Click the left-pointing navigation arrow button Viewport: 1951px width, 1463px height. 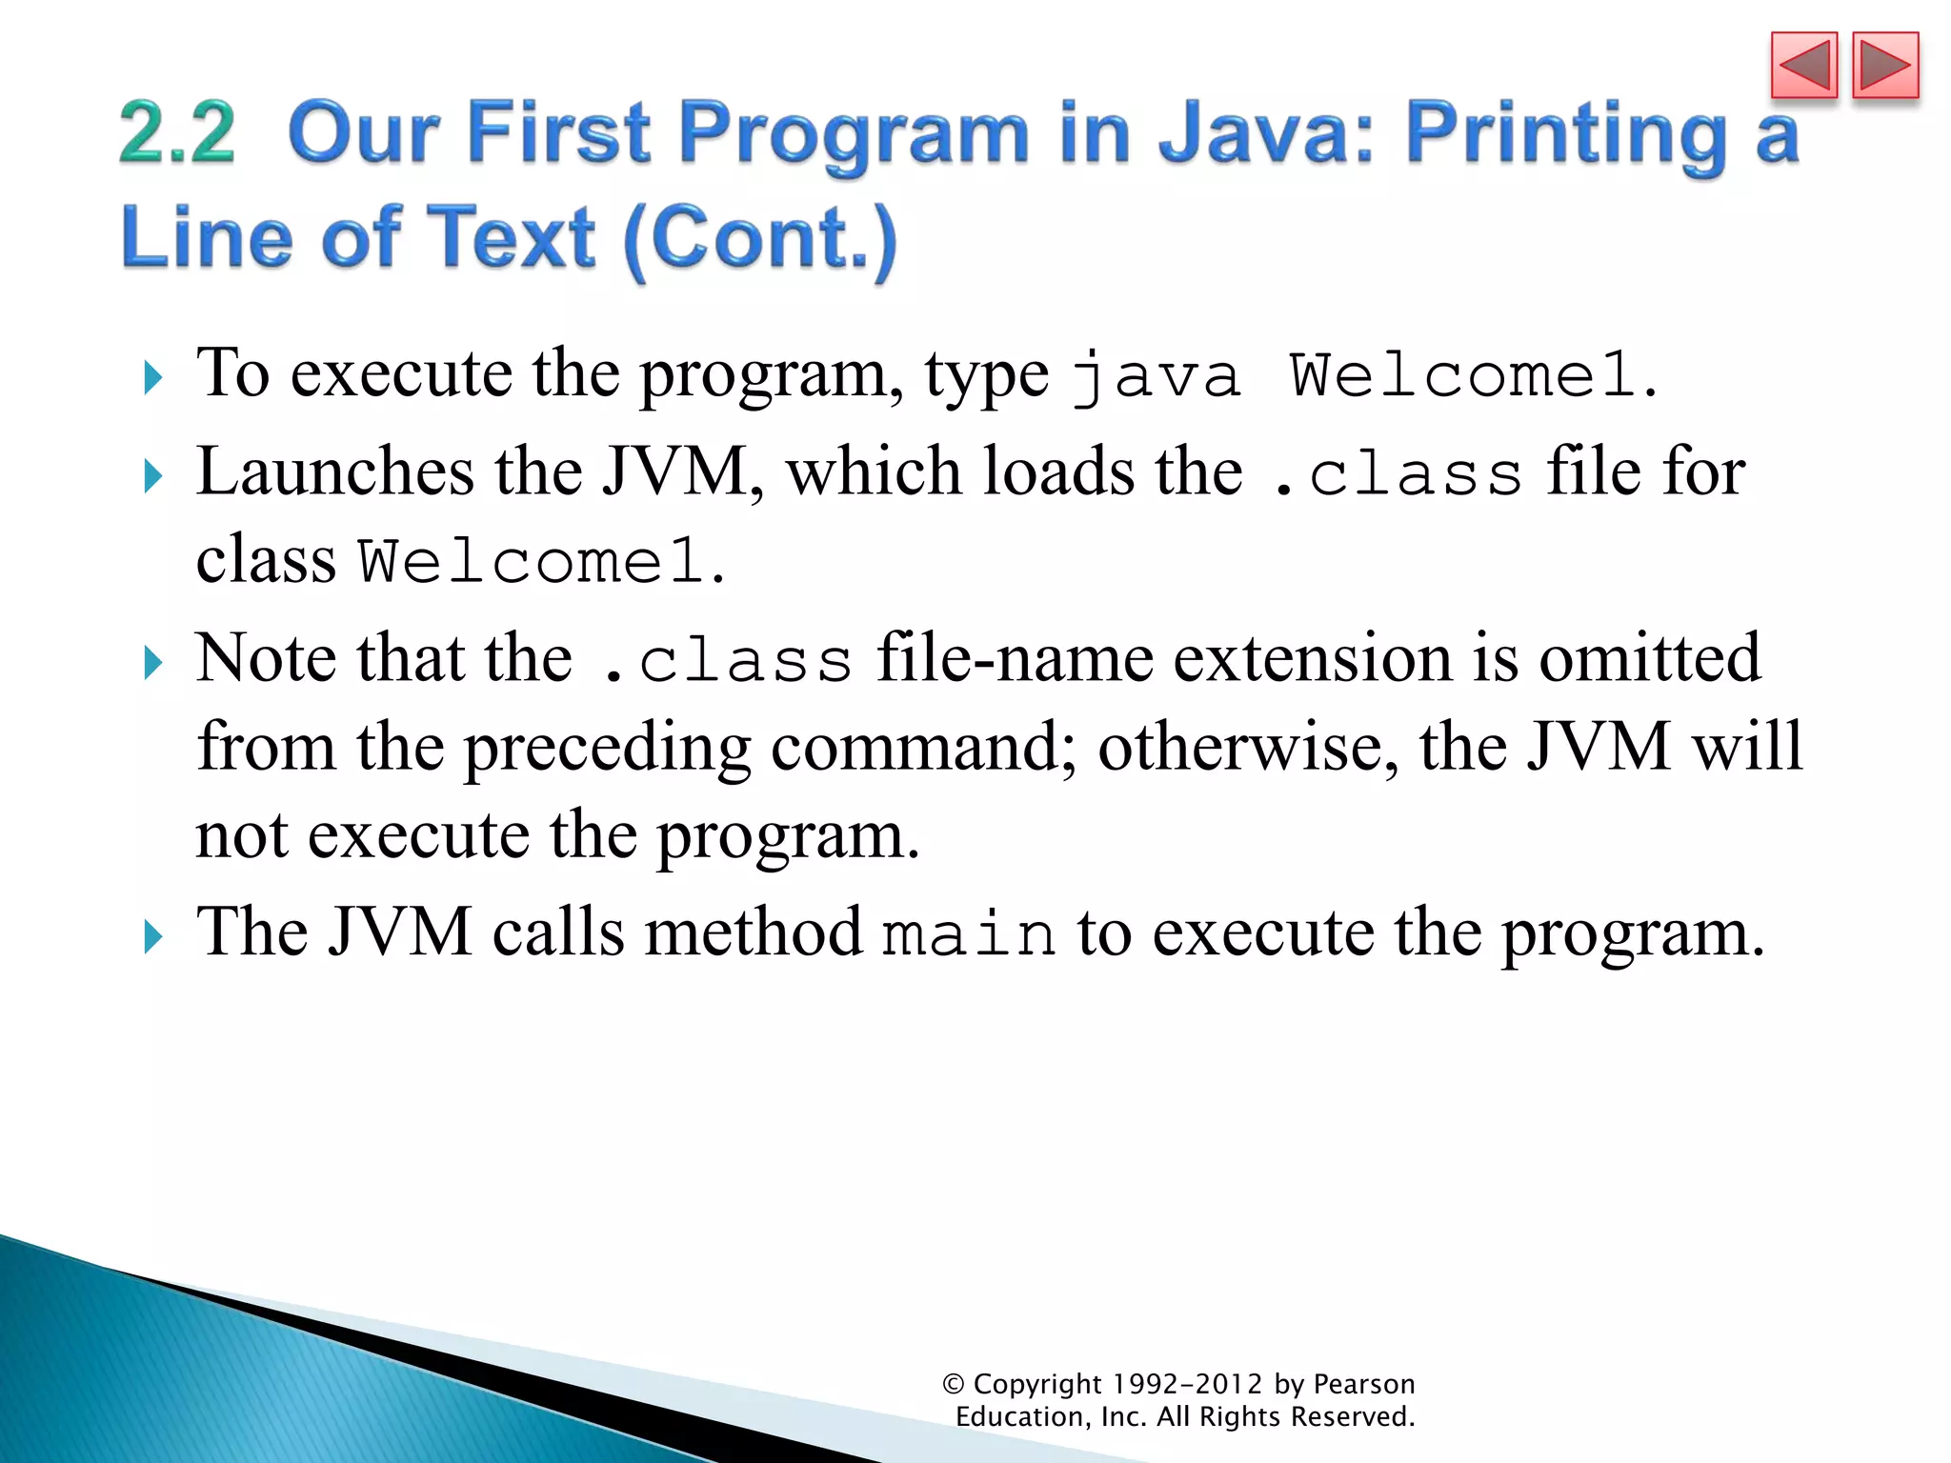pos(1803,65)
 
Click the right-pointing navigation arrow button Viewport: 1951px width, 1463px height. pos(1884,65)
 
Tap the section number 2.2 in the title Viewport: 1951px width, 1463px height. pos(177,133)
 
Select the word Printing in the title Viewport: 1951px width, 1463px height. pos(1565,135)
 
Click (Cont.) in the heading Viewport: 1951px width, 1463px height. pos(760,238)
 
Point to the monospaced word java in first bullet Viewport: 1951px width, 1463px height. pos(1156,376)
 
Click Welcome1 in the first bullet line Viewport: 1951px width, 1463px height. pos(1461,376)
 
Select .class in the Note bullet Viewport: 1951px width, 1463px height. pos(728,660)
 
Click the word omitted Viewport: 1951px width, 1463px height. pos(1649,658)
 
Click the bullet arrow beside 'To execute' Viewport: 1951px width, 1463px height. pos(152,378)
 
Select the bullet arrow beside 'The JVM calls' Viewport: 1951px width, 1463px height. pos(152,936)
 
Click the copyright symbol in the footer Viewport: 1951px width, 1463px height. pos(953,1384)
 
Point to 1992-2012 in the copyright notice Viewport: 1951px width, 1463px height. pos(1187,1384)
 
